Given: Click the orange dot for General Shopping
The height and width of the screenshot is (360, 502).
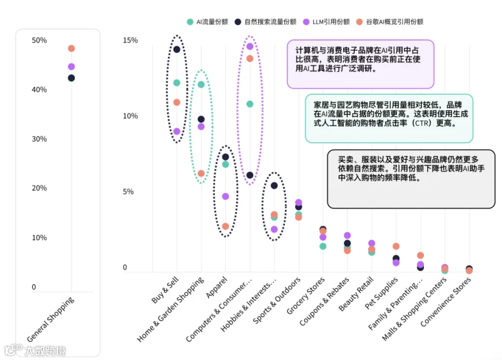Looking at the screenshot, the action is click(x=71, y=48).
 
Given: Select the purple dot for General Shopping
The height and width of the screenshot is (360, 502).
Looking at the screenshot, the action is click(x=71, y=66).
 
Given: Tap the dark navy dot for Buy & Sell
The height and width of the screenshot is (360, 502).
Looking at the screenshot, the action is click(x=177, y=49).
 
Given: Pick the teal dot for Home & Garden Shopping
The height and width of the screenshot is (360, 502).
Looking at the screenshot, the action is click(x=201, y=85).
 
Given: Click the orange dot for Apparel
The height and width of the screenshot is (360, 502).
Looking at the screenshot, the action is click(x=225, y=226).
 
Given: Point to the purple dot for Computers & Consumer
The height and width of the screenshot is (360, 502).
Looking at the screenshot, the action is click(x=250, y=46).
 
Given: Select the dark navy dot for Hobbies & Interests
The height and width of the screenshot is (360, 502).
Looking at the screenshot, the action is click(x=274, y=186).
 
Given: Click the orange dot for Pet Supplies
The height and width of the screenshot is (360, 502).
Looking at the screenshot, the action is click(x=396, y=246).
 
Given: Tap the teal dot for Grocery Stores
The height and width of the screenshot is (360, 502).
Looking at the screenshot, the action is click(x=323, y=246).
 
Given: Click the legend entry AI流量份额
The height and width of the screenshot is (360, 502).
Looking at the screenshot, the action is click(x=207, y=22).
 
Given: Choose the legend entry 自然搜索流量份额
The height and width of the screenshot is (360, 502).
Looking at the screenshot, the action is click(x=266, y=22).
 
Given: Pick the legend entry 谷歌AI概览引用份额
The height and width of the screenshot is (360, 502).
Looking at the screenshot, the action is click(x=390, y=22).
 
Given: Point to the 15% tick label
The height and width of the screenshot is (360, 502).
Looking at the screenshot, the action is click(x=131, y=40).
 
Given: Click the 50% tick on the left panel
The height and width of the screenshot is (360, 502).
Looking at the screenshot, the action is click(x=39, y=40).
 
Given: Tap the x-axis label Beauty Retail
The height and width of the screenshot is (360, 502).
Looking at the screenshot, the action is click(x=356, y=294).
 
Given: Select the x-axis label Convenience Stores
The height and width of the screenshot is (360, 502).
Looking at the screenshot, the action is click(x=445, y=301).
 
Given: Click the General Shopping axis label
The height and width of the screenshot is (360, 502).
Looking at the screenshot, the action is click(x=51, y=319).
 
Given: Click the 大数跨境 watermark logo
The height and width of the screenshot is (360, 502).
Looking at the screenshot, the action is click(x=35, y=351).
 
